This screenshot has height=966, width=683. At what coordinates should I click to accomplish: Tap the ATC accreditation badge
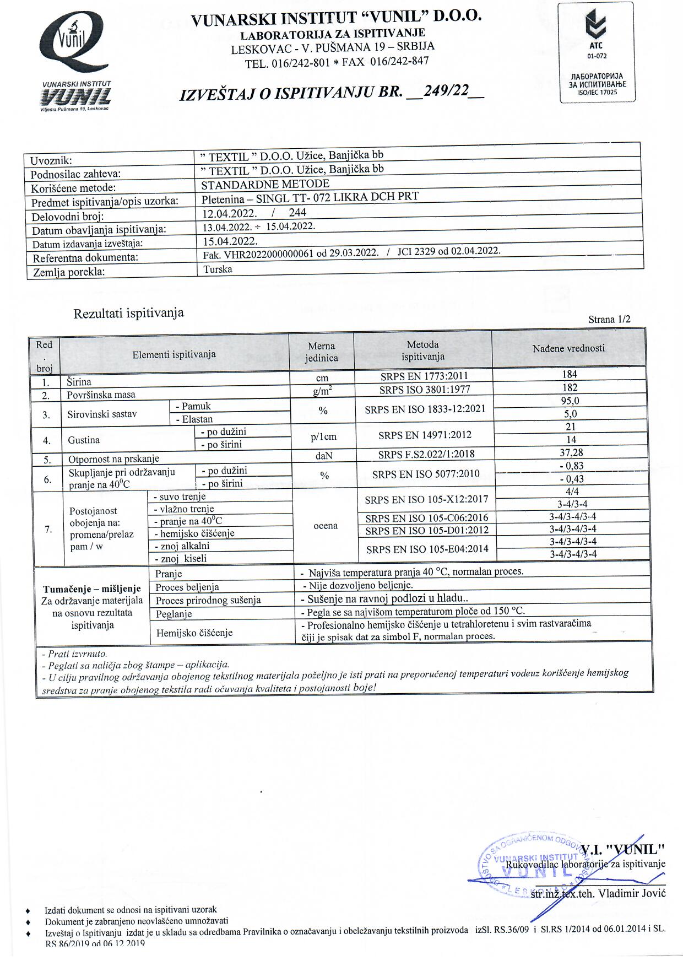tap(597, 52)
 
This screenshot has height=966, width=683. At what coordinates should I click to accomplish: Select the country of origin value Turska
tap(218, 269)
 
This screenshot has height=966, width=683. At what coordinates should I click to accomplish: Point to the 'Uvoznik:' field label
tap(51, 161)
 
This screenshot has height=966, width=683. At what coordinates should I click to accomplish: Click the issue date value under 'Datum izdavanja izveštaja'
tap(230, 241)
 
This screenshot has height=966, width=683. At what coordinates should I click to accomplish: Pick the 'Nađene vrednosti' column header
tap(568, 348)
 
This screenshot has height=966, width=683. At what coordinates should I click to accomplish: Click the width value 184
tap(570, 375)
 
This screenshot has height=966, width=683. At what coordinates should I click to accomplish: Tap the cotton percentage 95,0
tap(570, 401)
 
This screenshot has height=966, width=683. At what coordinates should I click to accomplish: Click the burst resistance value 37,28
tap(571, 452)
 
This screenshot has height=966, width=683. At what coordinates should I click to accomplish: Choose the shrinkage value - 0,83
tap(571, 466)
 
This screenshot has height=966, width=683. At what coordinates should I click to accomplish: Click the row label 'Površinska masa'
tap(101, 395)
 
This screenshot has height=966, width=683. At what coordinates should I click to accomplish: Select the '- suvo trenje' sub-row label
tap(180, 497)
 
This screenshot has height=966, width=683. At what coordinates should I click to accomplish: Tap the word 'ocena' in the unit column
tap(325, 526)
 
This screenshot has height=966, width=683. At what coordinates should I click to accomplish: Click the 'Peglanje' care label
tap(174, 614)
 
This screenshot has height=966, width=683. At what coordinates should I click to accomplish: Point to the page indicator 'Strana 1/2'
tap(609, 320)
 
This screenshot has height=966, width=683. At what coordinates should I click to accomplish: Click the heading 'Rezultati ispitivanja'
tap(128, 314)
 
